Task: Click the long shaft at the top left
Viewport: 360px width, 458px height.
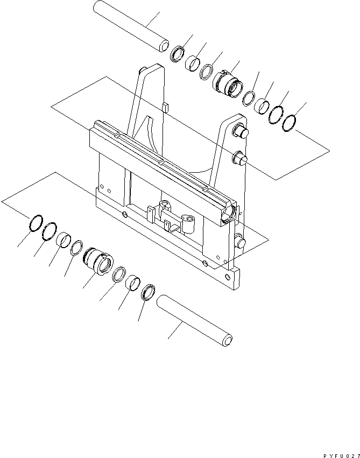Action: (x=132, y=27)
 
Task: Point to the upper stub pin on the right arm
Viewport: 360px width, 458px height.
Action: (x=241, y=131)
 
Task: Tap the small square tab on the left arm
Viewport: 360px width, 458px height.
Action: (x=166, y=107)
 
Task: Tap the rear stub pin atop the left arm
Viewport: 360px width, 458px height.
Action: (x=143, y=69)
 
